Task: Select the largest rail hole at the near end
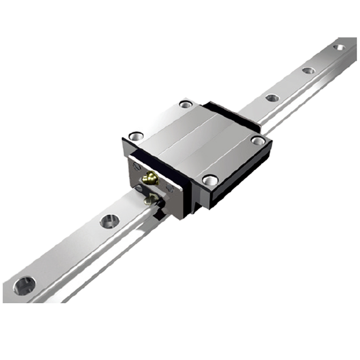pos(24,285)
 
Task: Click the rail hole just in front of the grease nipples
pos(109,220)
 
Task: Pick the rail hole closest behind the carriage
pos(272,98)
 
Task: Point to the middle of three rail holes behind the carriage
pos(308,70)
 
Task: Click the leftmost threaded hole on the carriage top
pos(136,135)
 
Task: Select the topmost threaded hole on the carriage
pos(185,104)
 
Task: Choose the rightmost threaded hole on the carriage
pos(258,140)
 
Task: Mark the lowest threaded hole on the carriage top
pos(210,180)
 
